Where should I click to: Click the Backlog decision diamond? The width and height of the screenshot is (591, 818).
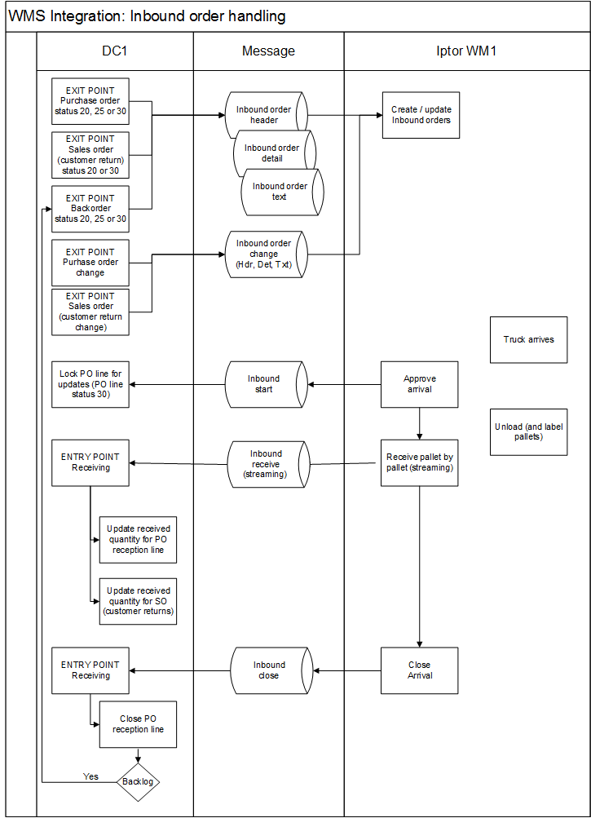[x=138, y=781]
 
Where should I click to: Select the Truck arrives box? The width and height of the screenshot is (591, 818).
[x=528, y=339]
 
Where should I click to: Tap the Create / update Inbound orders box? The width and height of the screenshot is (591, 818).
[x=421, y=115]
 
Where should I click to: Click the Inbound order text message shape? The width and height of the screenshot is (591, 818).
[x=282, y=192]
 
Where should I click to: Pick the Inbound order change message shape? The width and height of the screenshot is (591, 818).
[x=266, y=254]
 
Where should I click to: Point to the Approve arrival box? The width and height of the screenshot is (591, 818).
[x=419, y=384]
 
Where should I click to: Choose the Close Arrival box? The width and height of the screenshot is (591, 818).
[x=419, y=670]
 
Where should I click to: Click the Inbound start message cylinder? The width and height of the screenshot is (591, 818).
[x=266, y=384]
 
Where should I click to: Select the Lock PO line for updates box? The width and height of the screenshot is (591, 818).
[x=90, y=384]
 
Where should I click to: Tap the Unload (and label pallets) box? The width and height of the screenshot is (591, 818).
[x=528, y=432]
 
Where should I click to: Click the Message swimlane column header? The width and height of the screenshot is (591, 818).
[x=269, y=51]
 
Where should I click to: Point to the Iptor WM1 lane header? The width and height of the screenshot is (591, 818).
[x=467, y=51]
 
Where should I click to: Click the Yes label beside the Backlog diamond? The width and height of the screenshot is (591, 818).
[x=90, y=776]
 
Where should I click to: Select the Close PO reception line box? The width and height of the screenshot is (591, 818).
[x=139, y=724]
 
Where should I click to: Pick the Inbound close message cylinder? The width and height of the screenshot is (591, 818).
[x=271, y=670]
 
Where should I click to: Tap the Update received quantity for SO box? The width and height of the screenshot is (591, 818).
[x=139, y=601]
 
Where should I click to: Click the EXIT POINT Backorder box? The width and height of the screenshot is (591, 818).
[x=90, y=209]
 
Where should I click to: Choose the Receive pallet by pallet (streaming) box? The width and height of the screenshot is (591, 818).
[x=419, y=462]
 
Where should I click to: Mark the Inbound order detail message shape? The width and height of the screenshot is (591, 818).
[x=275, y=153]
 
